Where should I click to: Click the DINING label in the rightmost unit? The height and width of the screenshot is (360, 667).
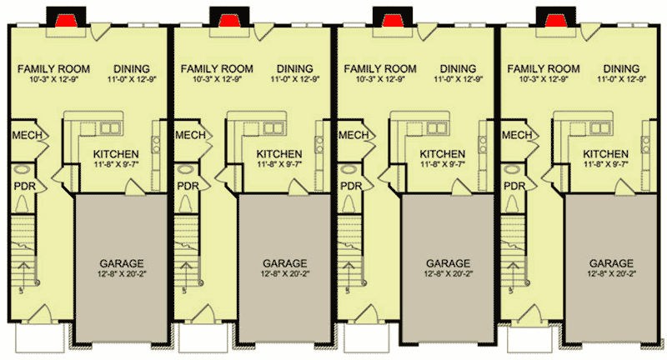click(622, 68)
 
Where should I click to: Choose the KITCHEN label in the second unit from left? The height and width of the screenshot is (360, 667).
click(278, 154)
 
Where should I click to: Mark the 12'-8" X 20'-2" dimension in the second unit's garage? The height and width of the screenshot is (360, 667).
click(278, 273)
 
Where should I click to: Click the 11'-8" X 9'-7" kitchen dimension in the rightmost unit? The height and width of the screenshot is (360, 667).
click(605, 165)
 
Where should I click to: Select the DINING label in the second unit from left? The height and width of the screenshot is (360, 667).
click(295, 68)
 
